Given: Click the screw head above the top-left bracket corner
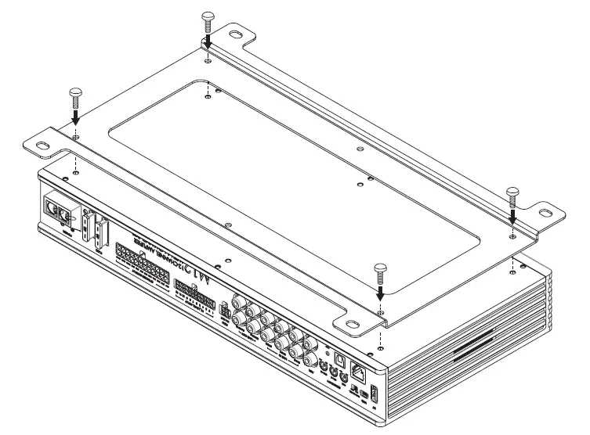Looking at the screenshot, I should click(x=208, y=16).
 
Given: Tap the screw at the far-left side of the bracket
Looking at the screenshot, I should click(x=74, y=92).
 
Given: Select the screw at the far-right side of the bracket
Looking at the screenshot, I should click(x=512, y=192).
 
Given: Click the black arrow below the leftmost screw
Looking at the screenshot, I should click(x=74, y=116).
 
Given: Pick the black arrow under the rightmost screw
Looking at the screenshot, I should click(x=512, y=214).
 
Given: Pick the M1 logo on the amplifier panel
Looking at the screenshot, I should click(x=201, y=275).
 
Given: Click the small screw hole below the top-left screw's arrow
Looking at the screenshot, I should click(x=207, y=60).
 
